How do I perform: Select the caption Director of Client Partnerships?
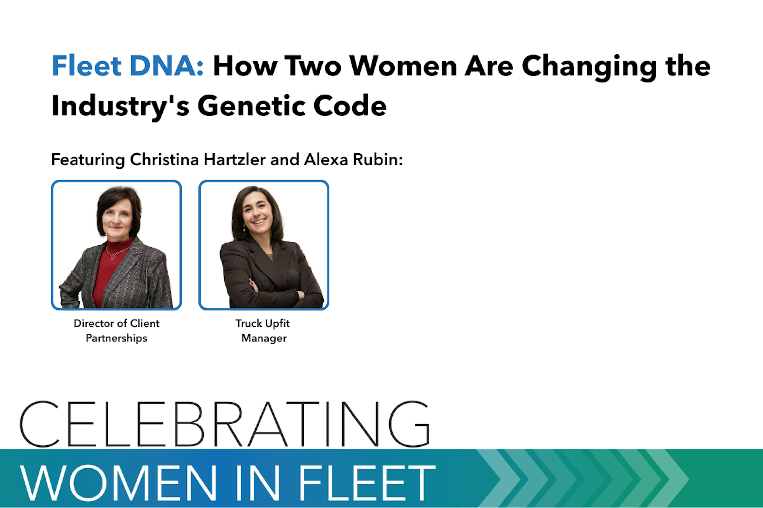(x=116, y=330)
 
